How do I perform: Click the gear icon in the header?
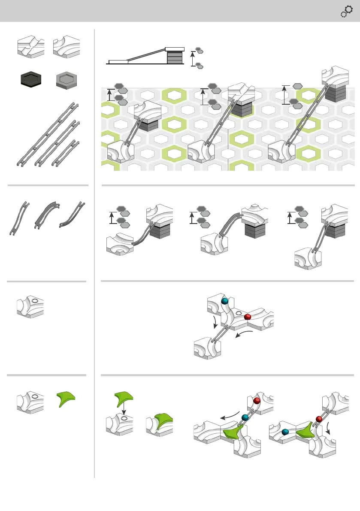coord(346,11)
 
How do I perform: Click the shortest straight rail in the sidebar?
coord(66,153)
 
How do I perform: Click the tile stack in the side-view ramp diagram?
coord(174,57)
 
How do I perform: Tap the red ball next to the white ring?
coord(248,317)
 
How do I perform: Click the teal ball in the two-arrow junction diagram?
coord(224,301)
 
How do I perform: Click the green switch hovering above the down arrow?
coord(123,398)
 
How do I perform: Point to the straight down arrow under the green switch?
coord(124,411)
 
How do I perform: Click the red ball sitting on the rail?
coord(257,401)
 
